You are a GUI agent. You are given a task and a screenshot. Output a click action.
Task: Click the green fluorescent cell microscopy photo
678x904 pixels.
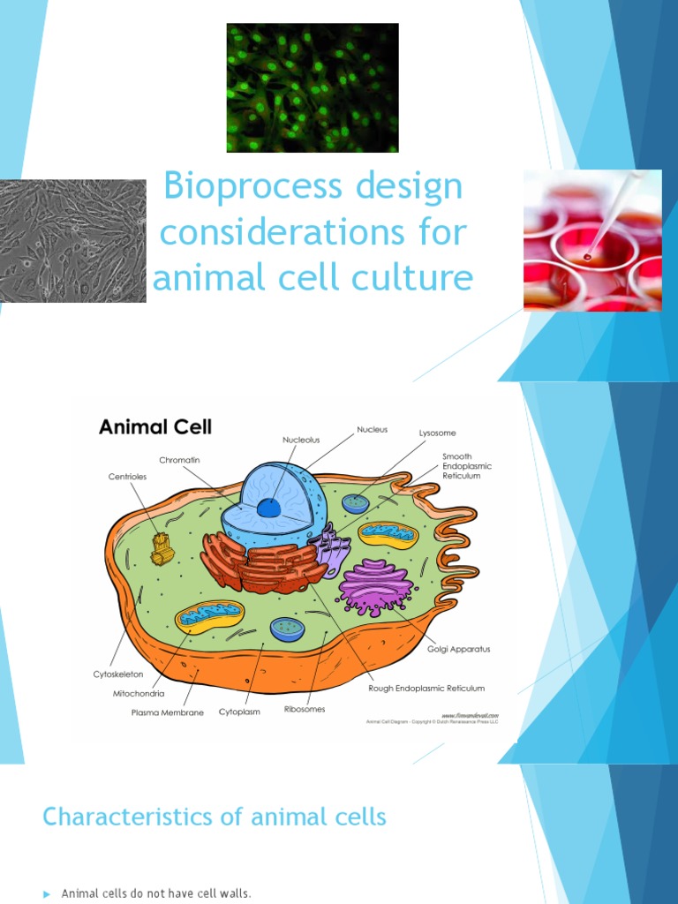[313, 87]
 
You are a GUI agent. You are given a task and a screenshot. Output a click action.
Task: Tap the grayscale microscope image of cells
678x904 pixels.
[72, 241]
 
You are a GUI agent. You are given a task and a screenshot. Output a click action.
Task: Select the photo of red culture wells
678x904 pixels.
[592, 240]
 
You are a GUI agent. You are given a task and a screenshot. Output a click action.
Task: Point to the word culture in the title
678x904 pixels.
[411, 277]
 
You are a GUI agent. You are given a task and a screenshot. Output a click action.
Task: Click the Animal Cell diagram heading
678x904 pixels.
[155, 427]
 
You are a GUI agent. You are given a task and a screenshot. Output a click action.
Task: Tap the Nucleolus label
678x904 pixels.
[301, 439]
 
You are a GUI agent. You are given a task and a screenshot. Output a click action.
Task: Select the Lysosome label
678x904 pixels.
[437, 433]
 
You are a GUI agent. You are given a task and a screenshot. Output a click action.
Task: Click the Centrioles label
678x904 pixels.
[128, 476]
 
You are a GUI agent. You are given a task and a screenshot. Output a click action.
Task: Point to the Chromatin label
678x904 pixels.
[181, 460]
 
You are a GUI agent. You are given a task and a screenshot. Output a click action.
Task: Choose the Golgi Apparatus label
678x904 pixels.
[458, 649]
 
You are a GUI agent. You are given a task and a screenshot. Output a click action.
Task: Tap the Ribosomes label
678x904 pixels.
[305, 709]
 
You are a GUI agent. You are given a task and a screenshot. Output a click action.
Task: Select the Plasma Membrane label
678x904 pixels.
[168, 712]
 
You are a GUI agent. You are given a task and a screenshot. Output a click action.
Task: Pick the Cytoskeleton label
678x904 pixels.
[118, 674]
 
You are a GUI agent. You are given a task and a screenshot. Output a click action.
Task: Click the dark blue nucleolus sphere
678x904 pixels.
[268, 508]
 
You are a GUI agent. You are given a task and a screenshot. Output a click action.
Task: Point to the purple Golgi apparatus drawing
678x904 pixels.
[376, 585]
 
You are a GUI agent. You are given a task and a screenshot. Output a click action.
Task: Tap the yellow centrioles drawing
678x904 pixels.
[162, 547]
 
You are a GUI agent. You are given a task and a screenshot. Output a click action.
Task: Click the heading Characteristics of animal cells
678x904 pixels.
[215, 817]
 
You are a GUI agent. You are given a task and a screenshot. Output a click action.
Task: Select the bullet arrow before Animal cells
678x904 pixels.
[47, 894]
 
